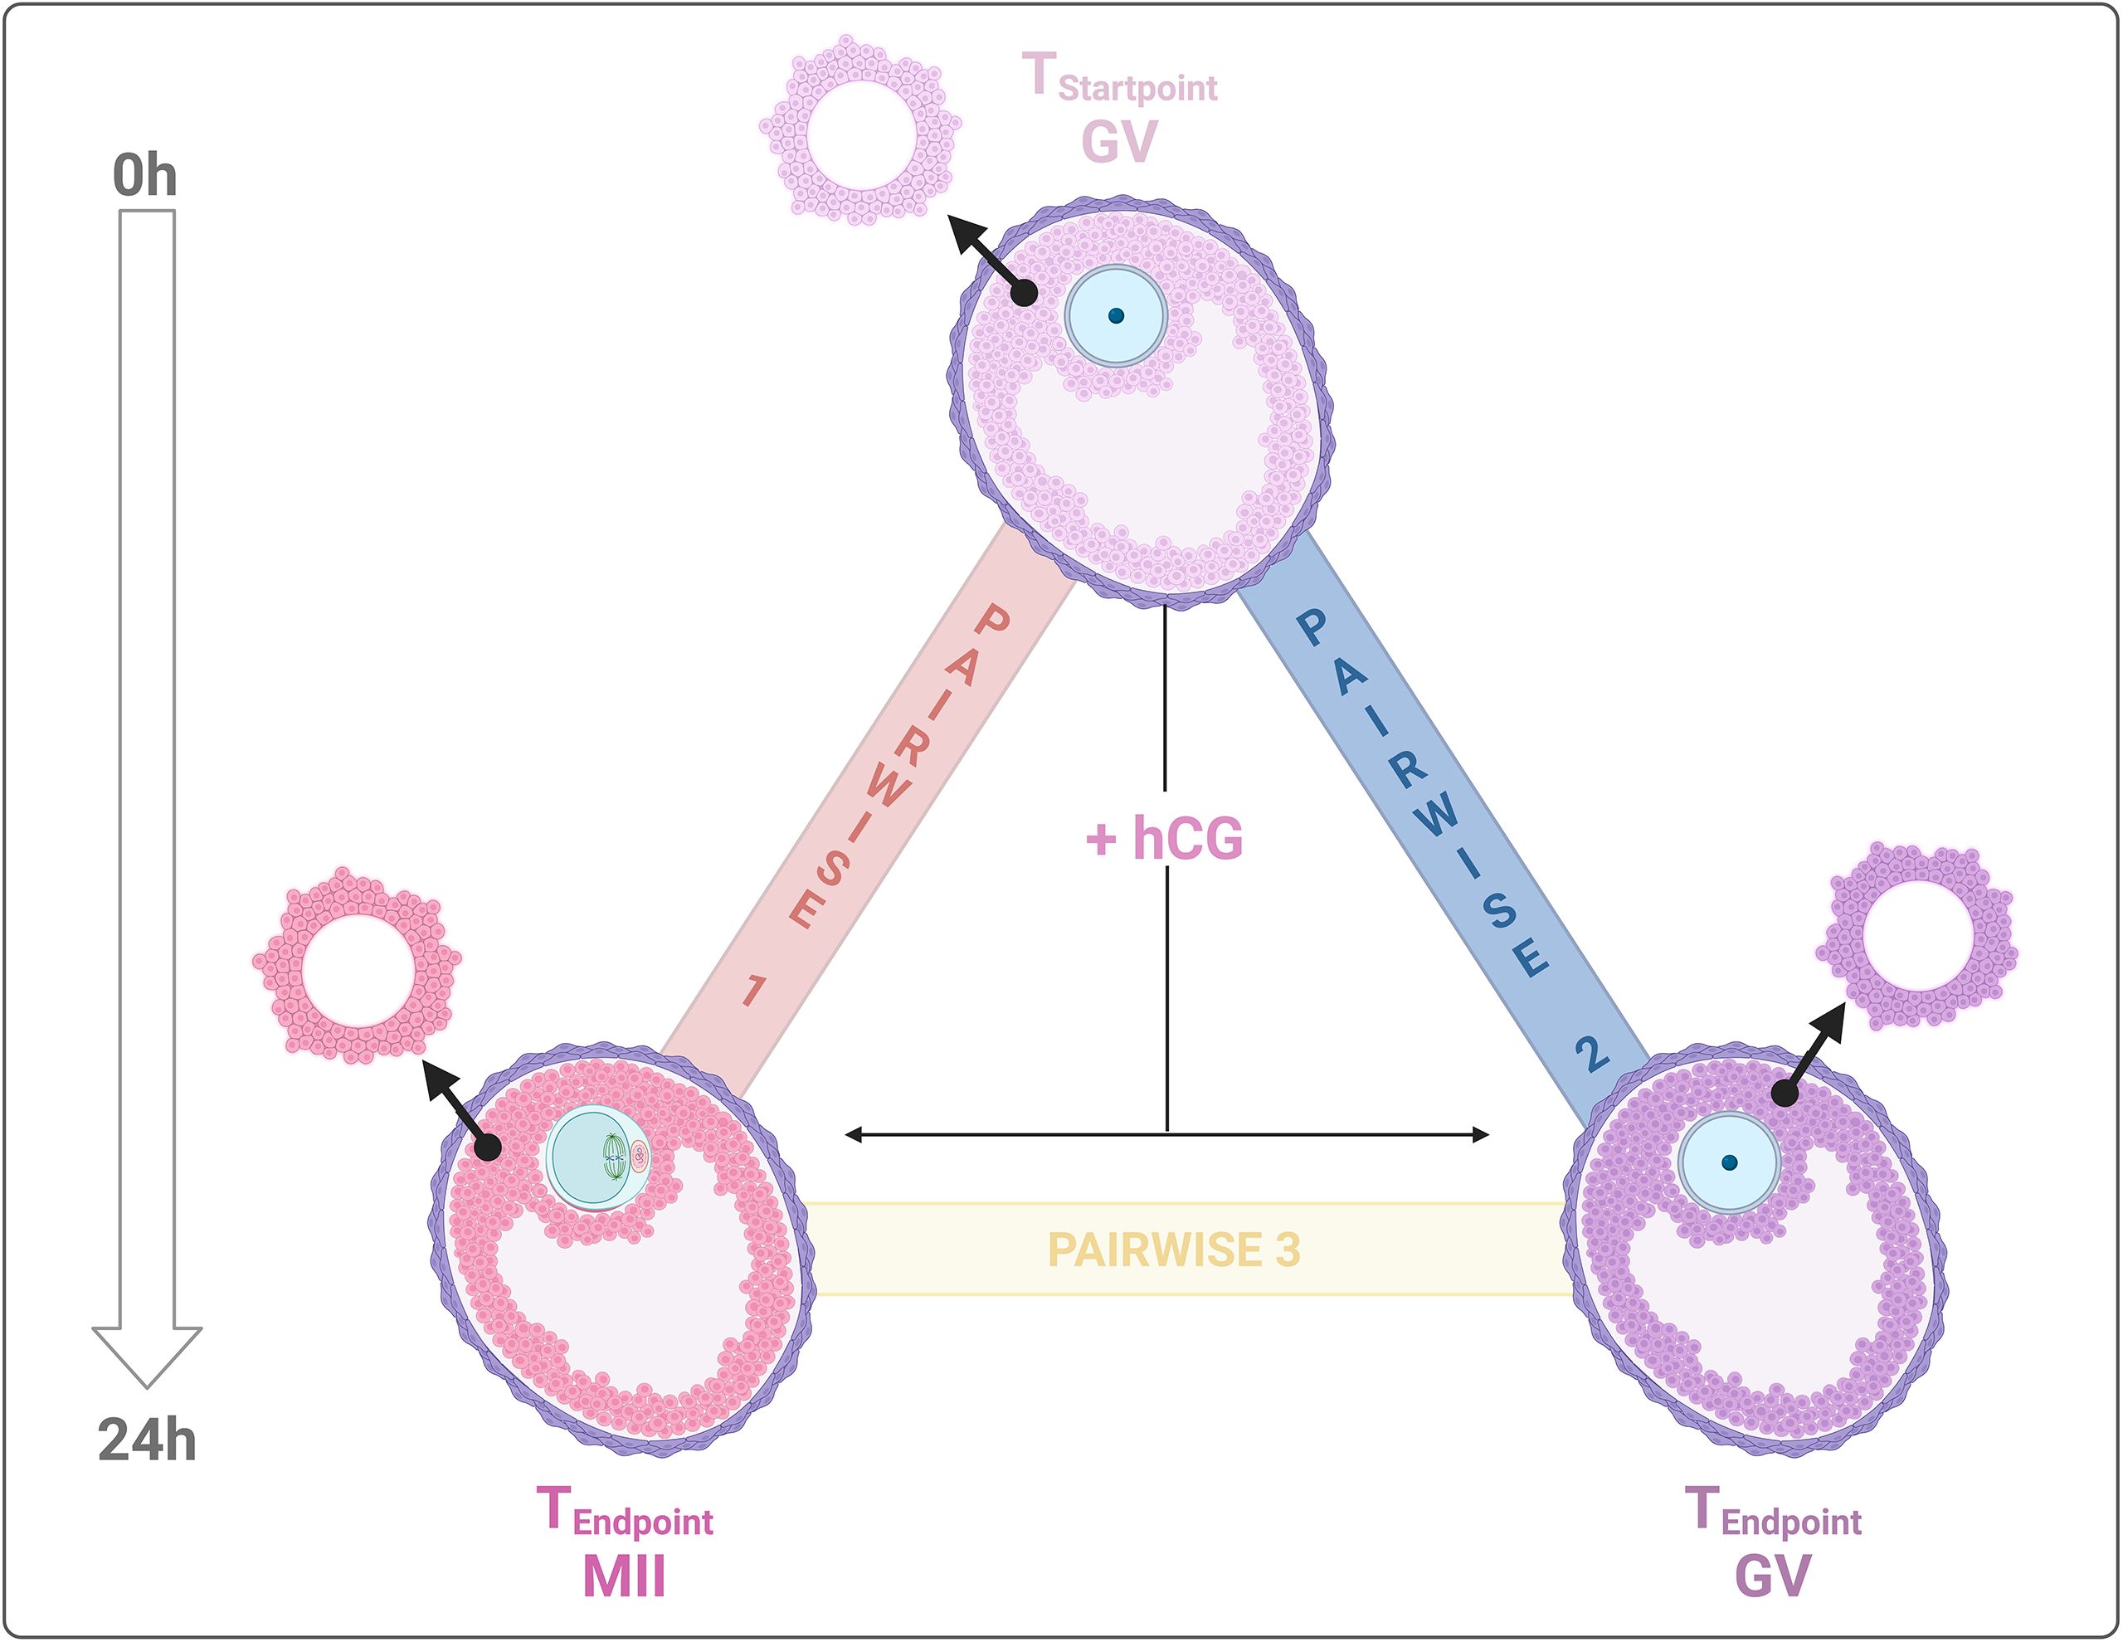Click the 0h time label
(145, 176)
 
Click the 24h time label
(147, 1440)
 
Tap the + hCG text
(1165, 838)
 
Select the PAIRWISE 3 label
(1173, 1250)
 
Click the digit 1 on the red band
(753, 991)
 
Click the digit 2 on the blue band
(1590, 1054)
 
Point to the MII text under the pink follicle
(624, 1576)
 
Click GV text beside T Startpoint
(1119, 142)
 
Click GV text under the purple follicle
(1772, 1576)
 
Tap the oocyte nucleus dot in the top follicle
(1116, 316)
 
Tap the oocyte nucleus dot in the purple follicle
(1728, 1162)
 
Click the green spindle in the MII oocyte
(612, 1157)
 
